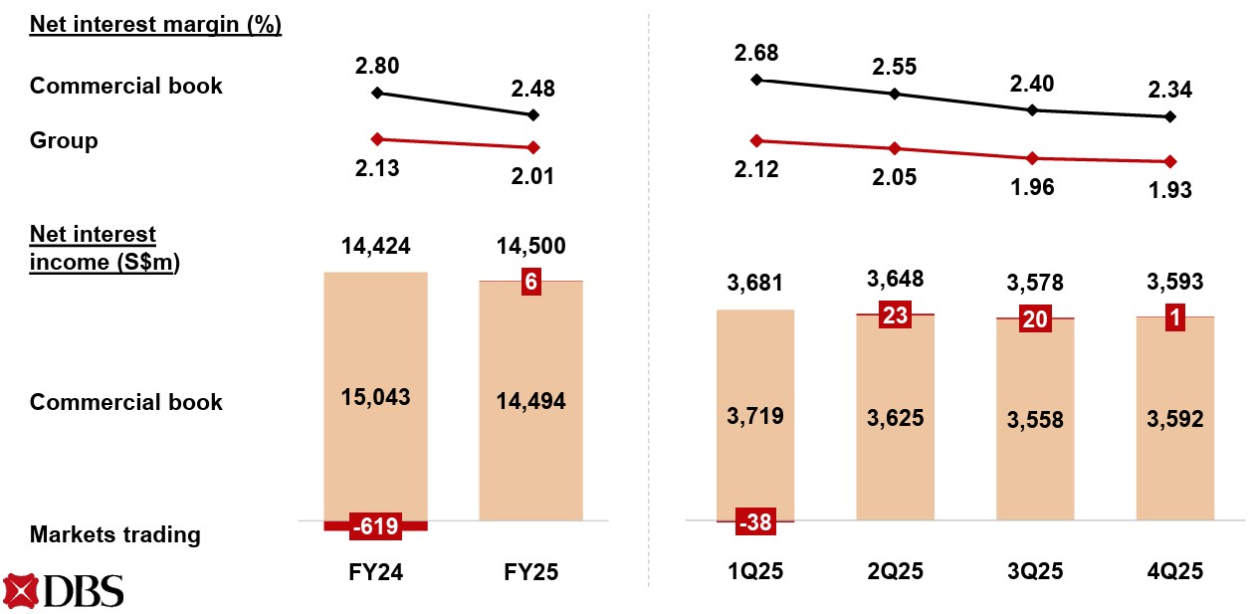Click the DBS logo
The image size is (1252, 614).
pos(64,591)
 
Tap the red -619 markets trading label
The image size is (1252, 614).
pos(375,525)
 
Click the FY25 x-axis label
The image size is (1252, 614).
pos(530,572)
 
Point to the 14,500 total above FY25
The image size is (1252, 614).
pos(530,248)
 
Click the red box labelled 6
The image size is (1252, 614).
pos(531,282)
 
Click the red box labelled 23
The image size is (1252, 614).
pos(894,315)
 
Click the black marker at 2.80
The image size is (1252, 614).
pos(376,93)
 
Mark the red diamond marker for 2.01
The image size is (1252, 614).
pos(533,147)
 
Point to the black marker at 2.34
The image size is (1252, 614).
pos(1170,117)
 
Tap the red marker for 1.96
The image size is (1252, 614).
pos(1032,158)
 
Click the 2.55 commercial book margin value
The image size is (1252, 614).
pos(895,68)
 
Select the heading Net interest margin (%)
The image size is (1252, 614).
pos(155,25)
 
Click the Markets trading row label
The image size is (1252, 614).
pos(114,534)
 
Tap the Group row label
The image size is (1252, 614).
pos(64,140)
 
